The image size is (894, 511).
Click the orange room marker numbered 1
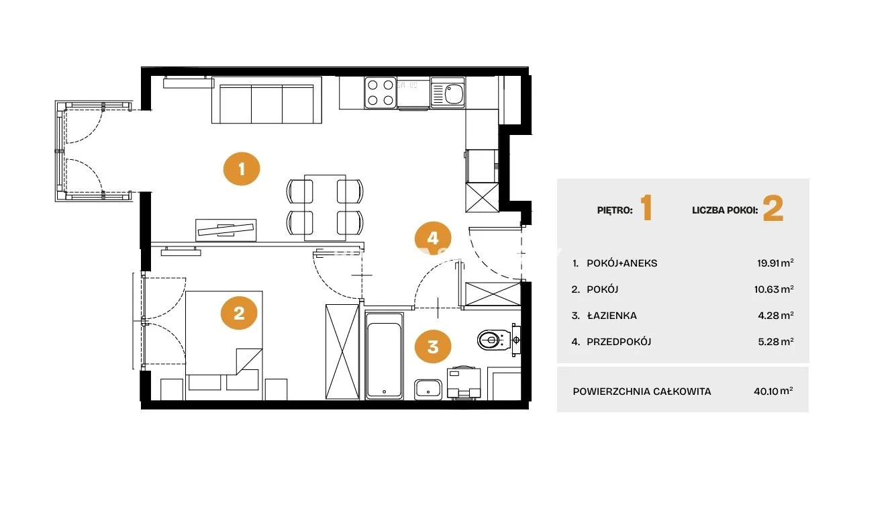[x=242, y=169]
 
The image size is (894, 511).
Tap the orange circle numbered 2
[x=239, y=313]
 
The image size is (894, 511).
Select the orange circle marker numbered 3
[x=433, y=346]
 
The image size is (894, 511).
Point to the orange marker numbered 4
[x=433, y=238]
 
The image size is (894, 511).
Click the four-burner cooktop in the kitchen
[x=380, y=93]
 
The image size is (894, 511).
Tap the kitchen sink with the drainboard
[x=448, y=93]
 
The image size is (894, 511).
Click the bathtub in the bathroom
[x=384, y=356]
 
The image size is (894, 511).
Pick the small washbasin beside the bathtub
[x=428, y=389]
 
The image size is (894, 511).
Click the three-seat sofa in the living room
[x=266, y=100]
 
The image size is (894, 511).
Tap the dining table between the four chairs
[x=325, y=207]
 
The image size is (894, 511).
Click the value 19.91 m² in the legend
[x=775, y=263]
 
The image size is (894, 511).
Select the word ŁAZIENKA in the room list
[x=612, y=316]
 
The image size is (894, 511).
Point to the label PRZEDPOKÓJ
[x=619, y=342]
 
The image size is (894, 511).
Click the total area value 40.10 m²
[x=773, y=391]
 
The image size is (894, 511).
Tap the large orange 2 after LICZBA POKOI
[x=773, y=208]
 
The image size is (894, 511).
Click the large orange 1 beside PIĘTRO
[x=646, y=207]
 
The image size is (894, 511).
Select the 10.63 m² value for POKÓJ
[x=774, y=289]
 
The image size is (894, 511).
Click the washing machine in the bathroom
[x=464, y=383]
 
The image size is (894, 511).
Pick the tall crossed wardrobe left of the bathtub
[x=342, y=352]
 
